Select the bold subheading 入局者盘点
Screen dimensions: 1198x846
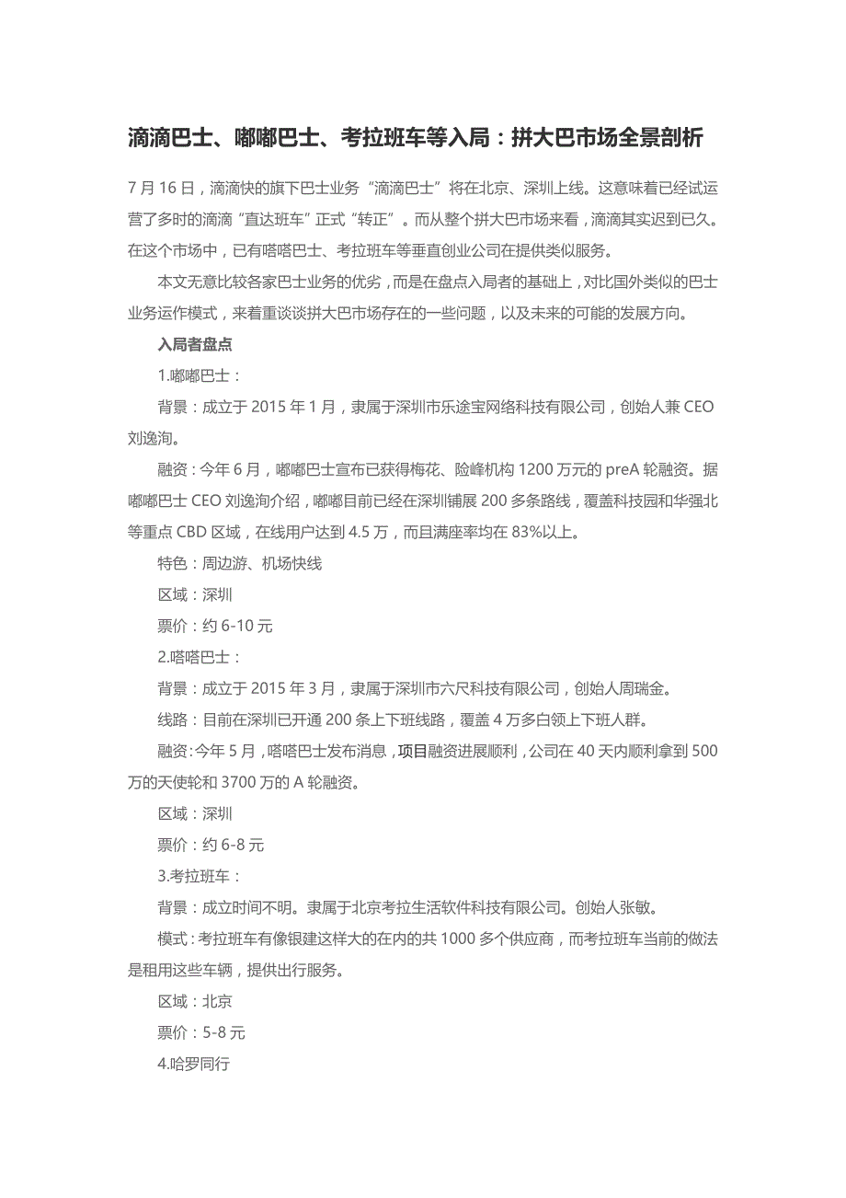click(x=195, y=345)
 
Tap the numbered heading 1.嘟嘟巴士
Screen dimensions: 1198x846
click(x=200, y=376)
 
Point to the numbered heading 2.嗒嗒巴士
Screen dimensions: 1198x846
click(x=200, y=657)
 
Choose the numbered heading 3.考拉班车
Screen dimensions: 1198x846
click(x=200, y=876)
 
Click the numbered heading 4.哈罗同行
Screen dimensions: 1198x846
click(x=193, y=1064)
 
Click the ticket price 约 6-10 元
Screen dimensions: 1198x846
click(x=238, y=627)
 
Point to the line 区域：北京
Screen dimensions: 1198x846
click(x=195, y=1001)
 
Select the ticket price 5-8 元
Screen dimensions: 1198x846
click(x=224, y=1032)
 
